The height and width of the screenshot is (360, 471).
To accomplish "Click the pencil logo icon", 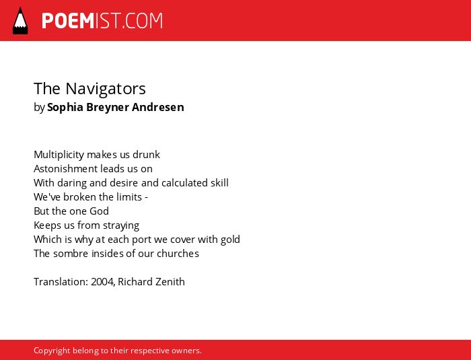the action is click(x=20, y=21).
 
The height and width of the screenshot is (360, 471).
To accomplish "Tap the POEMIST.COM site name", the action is click(x=102, y=21).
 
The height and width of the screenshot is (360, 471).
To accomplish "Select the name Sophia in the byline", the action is click(x=65, y=107).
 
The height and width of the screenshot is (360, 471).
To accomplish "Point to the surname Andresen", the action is click(x=157, y=107).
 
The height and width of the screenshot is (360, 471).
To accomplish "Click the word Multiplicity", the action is click(x=59, y=155).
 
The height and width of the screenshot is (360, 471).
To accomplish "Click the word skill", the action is click(x=219, y=183).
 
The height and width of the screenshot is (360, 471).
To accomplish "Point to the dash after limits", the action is click(x=146, y=198).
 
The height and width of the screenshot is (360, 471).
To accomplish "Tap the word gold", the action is click(x=230, y=240).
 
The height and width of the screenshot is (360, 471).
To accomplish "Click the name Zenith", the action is click(x=171, y=281).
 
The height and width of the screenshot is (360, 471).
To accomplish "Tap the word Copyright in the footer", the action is click(x=52, y=351).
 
